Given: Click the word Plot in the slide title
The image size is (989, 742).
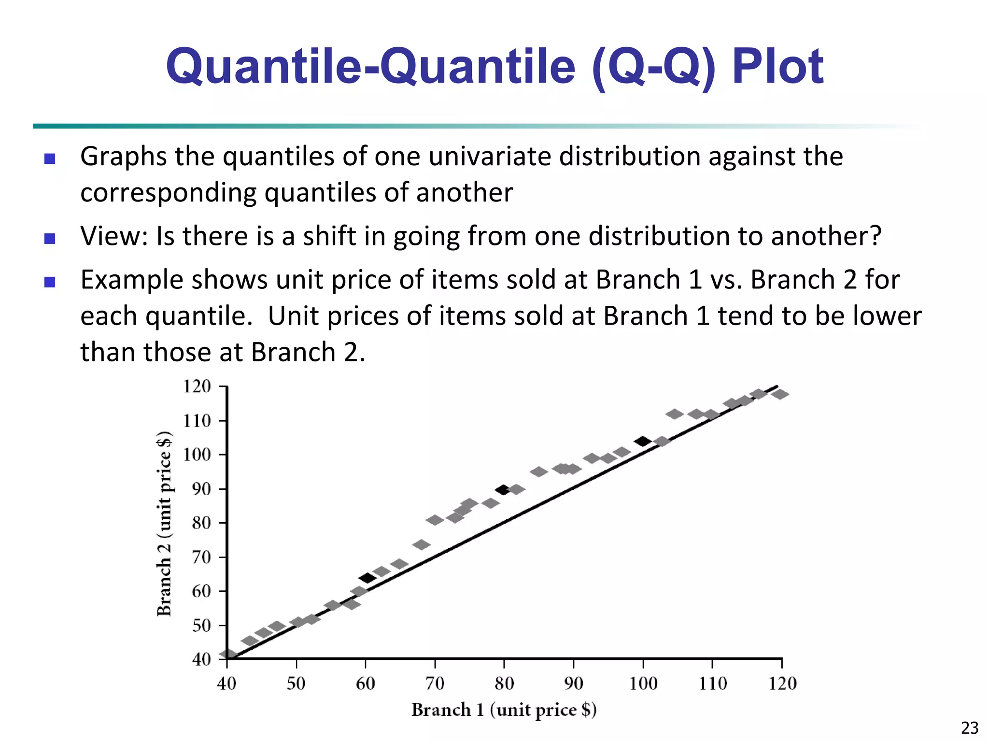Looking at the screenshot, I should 777,66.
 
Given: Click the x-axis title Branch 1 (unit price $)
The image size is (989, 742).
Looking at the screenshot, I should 504,710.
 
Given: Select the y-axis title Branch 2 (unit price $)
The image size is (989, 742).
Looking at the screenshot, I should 165,524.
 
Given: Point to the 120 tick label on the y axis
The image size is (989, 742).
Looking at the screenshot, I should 197,386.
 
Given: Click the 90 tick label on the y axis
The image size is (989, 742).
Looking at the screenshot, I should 201,489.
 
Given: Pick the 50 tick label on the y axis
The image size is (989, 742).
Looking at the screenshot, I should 201,626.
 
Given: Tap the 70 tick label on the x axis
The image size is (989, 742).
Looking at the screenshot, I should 435,684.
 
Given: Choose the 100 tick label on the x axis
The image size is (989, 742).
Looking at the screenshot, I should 643,684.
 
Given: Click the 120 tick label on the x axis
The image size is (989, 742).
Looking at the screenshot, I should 782,684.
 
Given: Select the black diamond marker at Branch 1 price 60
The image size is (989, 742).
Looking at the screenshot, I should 367,578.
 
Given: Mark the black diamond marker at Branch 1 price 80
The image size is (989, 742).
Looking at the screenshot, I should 503,490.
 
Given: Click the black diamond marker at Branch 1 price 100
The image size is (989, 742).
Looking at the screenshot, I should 643,441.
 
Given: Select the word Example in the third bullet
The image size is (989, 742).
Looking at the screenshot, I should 132,280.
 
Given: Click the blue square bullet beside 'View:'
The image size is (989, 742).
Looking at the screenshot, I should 50,238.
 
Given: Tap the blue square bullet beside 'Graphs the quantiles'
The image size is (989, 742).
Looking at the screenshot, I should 50,158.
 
